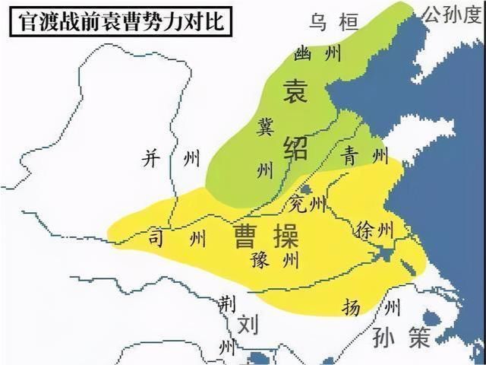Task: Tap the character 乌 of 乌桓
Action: tap(319, 21)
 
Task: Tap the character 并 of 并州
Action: tap(153, 158)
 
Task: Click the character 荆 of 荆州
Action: tap(224, 303)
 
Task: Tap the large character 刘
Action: tap(248, 325)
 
